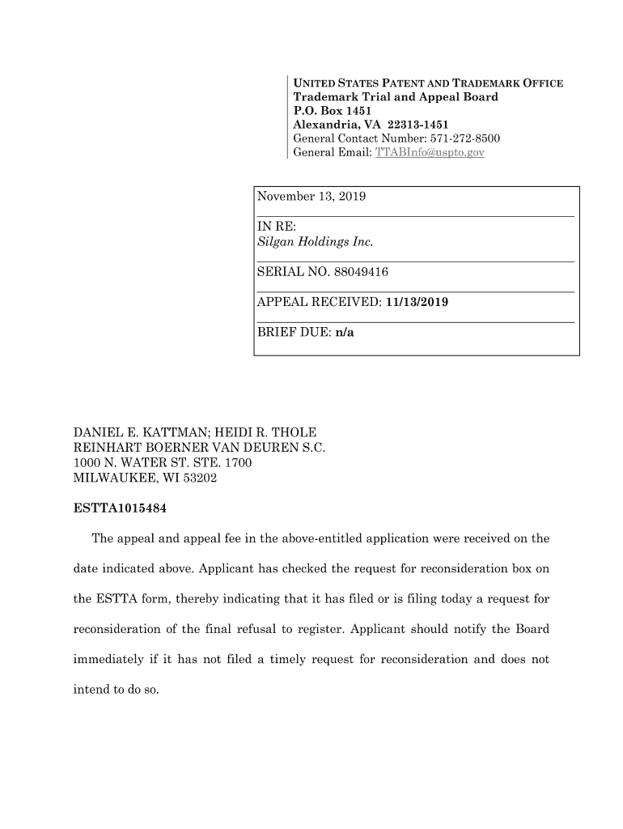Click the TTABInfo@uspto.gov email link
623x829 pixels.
tap(429, 152)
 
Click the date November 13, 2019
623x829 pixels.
tap(311, 197)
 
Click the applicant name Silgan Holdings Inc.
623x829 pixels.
tap(315, 242)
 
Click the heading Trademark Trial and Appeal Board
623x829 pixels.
tap(396, 97)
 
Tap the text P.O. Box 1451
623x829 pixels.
tap(327, 111)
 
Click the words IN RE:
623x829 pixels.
tap(276, 227)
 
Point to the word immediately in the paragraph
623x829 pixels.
tap(110, 659)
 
